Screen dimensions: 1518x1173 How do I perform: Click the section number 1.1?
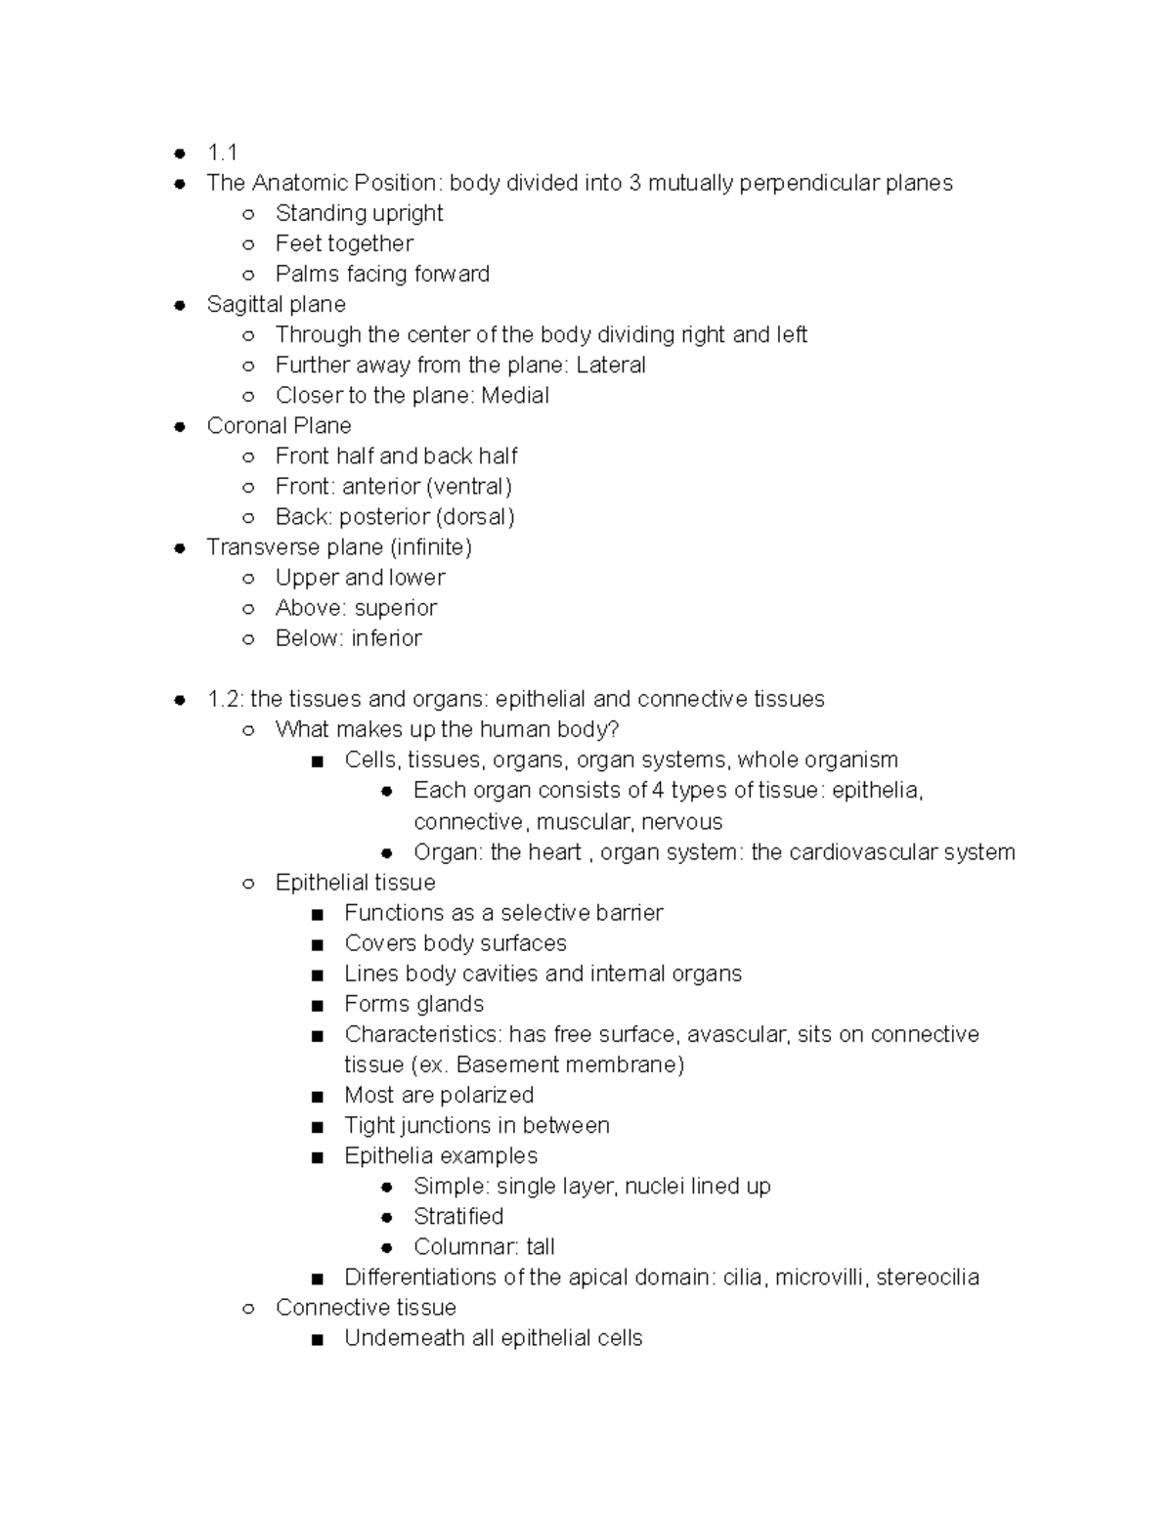point(222,152)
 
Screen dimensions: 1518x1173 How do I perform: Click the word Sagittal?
point(240,304)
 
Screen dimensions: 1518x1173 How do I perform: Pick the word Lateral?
point(611,365)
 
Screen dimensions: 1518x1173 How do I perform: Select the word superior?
point(396,607)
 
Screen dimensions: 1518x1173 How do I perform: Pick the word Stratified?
point(458,1216)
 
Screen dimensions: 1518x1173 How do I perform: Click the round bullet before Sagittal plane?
point(180,305)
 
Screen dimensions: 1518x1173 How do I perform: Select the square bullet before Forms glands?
point(316,1005)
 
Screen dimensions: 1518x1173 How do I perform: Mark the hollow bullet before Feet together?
point(248,244)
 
